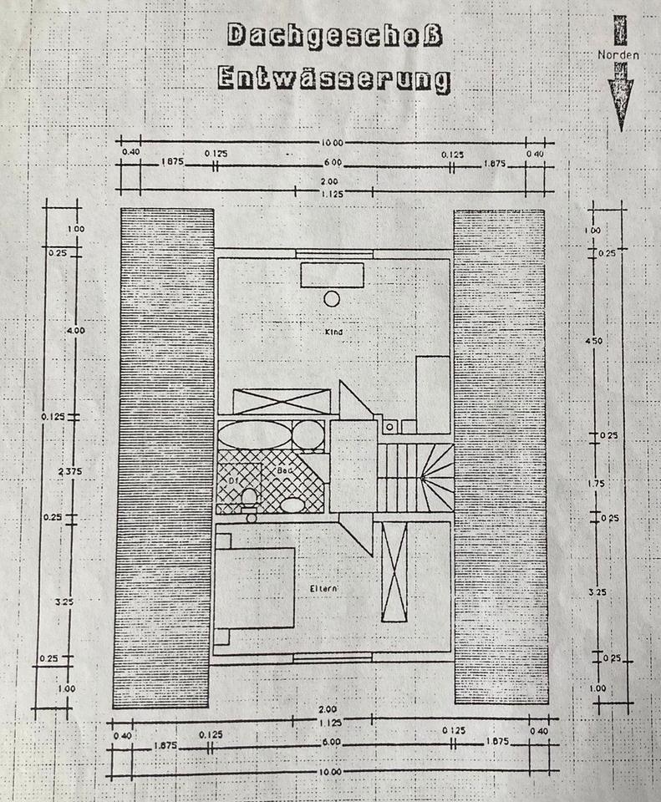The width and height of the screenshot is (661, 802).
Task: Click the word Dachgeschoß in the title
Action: [x=334, y=36]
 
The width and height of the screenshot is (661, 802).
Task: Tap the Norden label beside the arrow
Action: [x=620, y=55]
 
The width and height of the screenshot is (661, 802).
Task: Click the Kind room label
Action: [x=334, y=332]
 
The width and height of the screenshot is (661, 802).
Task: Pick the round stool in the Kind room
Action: [x=332, y=298]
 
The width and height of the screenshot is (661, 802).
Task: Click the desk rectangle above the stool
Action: [x=332, y=275]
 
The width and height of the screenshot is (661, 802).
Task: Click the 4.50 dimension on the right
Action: [x=594, y=341]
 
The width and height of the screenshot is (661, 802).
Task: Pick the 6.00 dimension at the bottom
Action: [x=332, y=742]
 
